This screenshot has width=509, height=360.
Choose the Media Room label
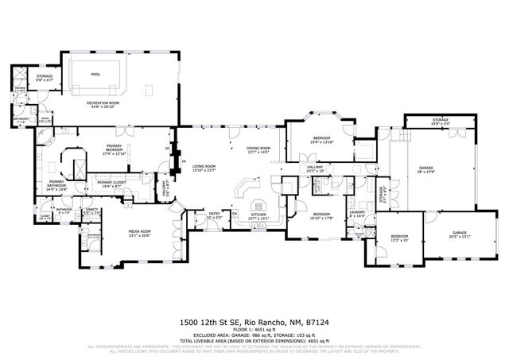pyautogui.click(x=140, y=233)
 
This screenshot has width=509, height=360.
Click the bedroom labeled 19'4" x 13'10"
pyautogui.click(x=321, y=141)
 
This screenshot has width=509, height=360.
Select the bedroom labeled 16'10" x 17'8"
pyautogui.click(x=321, y=215)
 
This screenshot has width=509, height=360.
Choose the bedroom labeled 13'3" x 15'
pyautogui.click(x=398, y=238)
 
